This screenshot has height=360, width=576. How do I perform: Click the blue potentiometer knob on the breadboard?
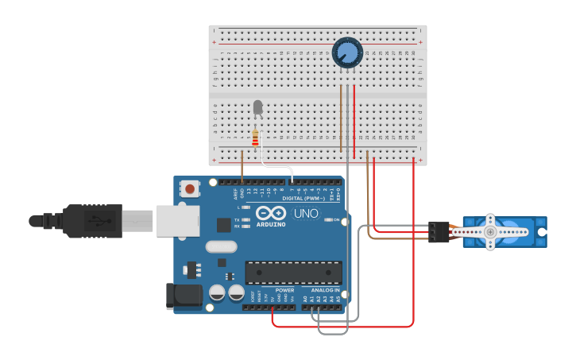(347, 52)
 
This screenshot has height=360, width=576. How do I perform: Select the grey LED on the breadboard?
(257, 106)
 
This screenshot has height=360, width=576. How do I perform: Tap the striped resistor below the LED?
(255, 139)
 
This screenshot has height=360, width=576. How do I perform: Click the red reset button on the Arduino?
(191, 189)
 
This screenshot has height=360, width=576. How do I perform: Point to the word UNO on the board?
(307, 213)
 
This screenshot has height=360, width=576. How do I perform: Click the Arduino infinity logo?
(271, 213)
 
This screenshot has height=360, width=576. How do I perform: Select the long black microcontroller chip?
(293, 273)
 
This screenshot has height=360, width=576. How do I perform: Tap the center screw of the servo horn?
(490, 232)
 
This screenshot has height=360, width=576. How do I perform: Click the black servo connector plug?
(438, 232)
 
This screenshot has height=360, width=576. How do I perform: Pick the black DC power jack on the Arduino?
(184, 296)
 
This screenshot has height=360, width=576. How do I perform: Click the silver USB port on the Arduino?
(177, 221)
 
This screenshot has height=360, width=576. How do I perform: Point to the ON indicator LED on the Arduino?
(327, 219)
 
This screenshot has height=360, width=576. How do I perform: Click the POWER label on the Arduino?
(284, 290)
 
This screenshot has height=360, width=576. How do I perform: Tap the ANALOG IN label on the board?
(325, 290)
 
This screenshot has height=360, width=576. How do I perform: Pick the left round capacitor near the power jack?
(217, 292)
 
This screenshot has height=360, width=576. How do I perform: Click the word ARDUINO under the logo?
(271, 225)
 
